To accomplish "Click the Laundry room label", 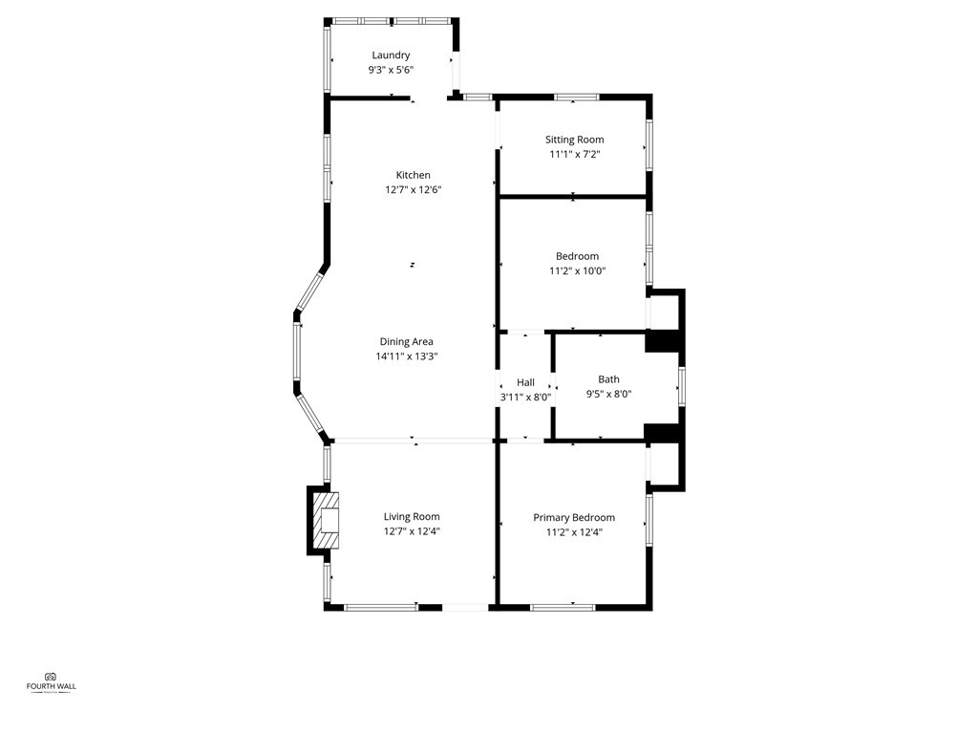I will [x=391, y=55].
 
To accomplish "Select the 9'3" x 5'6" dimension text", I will [x=391, y=70].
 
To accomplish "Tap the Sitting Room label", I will [x=574, y=140].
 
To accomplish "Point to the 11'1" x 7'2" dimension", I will [x=574, y=154].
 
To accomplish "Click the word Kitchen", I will [x=414, y=175].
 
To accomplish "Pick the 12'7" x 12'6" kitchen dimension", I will [x=414, y=189].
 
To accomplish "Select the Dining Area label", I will [x=407, y=341].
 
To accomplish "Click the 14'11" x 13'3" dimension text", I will [x=407, y=356].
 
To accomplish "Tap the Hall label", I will [x=525, y=382].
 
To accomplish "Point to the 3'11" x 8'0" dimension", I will [x=525, y=397].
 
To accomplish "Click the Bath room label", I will [x=608, y=378].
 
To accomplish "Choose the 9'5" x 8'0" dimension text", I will [x=608, y=393].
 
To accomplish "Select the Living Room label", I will [x=412, y=517].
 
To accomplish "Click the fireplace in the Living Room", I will [x=326, y=520].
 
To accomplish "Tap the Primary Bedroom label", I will [x=574, y=518].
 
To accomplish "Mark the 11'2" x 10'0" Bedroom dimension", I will [x=577, y=270].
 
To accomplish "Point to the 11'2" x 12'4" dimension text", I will [x=574, y=532].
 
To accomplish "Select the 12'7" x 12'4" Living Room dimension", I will [x=412, y=531].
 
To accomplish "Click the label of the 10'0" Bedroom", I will [x=577, y=256].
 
